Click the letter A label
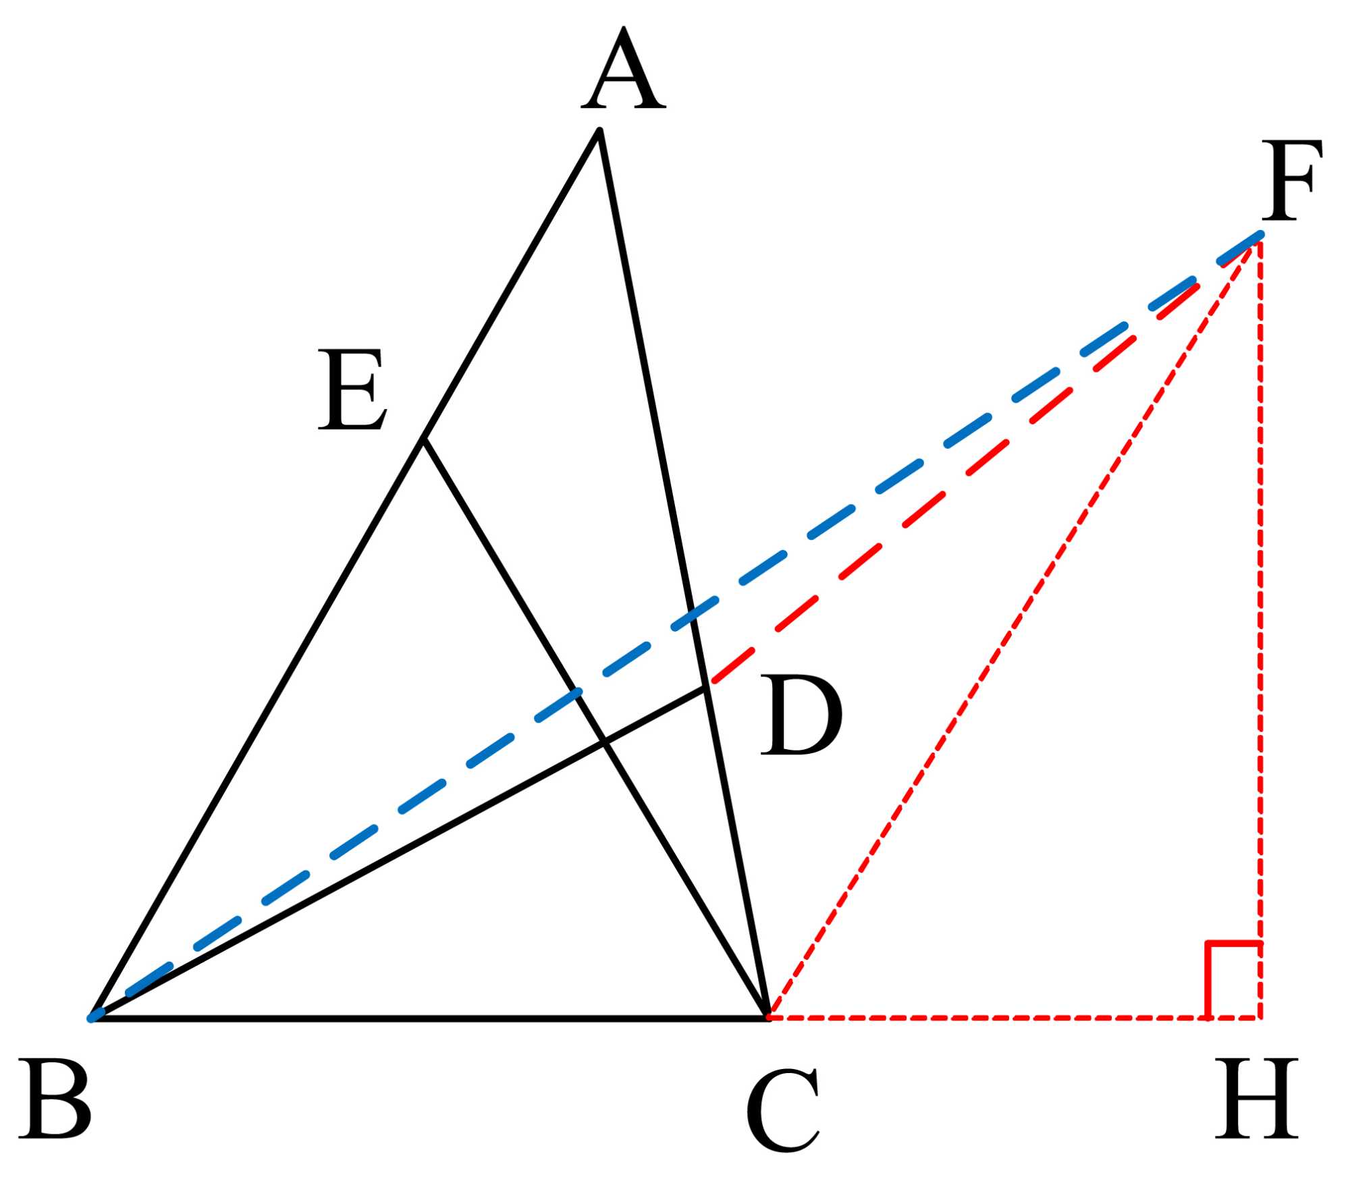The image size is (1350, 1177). click(x=624, y=70)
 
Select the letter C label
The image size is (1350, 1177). click(x=782, y=1110)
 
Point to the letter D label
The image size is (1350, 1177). click(x=801, y=716)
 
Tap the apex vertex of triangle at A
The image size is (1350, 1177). click(x=599, y=130)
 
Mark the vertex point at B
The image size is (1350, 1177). click(x=93, y=1018)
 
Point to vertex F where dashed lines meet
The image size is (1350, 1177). click(x=1260, y=235)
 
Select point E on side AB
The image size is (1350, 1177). click(x=423, y=441)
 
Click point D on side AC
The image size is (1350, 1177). click(x=706, y=688)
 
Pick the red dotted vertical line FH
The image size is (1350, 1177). click(x=1260, y=607)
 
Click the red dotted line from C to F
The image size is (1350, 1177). click(x=1013, y=628)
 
